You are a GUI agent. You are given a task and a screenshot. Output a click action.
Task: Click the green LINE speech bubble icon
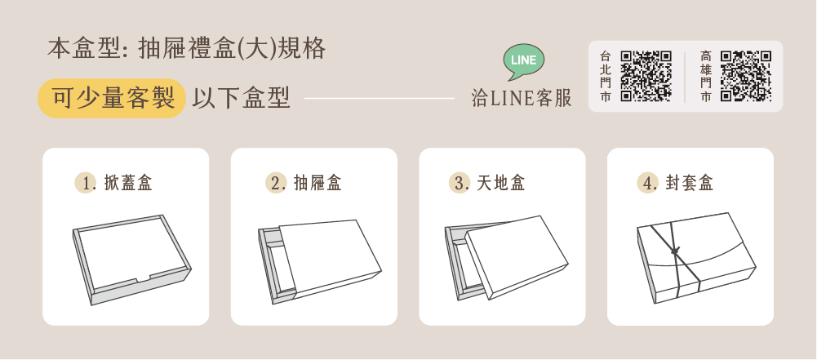click(x=524, y=61)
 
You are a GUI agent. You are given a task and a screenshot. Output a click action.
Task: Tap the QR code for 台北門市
click(x=646, y=76)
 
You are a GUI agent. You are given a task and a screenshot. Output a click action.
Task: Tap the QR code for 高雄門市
click(x=746, y=76)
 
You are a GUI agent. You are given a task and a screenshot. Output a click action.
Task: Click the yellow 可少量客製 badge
click(x=112, y=98)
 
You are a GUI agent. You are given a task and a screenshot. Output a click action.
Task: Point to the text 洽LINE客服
click(x=522, y=98)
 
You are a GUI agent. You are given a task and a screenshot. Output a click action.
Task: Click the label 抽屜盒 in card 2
click(x=317, y=183)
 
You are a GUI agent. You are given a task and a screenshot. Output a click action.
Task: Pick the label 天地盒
click(x=500, y=183)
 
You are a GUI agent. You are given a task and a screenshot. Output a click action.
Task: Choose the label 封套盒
click(x=689, y=183)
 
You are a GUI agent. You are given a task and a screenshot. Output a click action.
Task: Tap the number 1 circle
click(x=85, y=183)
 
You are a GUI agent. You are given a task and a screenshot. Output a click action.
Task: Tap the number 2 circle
click(x=275, y=183)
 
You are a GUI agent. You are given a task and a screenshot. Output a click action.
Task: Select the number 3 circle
click(x=459, y=183)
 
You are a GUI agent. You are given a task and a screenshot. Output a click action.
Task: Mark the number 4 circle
click(x=647, y=183)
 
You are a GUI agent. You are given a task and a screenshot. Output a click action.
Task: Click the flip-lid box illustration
click(x=132, y=260)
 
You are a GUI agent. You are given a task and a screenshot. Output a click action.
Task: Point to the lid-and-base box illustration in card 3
click(x=507, y=258)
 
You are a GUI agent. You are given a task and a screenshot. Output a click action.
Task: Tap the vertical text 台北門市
click(x=605, y=76)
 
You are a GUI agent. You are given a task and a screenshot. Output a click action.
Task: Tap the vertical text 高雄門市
click(x=705, y=76)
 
